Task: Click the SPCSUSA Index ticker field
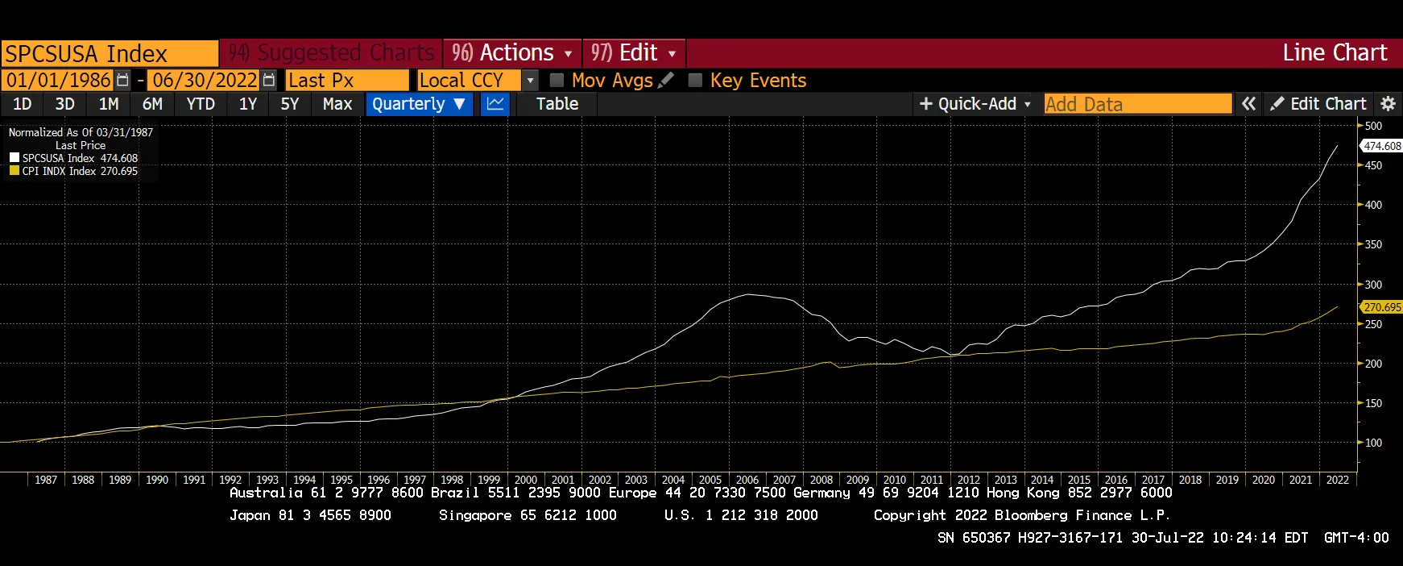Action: coord(110,53)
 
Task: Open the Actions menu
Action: coord(511,53)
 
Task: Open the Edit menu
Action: coord(633,53)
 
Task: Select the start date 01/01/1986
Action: coord(59,81)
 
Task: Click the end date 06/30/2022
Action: coord(205,81)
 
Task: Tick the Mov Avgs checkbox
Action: coord(557,81)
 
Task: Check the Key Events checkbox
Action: coord(695,81)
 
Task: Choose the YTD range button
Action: coord(201,104)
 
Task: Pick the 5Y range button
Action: coord(290,104)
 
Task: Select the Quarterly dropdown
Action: coord(419,104)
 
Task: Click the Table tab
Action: coord(557,104)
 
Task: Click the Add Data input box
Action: coord(1137,104)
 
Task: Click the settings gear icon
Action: coord(1388,104)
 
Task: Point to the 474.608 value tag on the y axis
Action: coord(1382,146)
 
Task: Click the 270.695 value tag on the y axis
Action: coord(1382,307)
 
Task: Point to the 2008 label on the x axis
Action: coord(822,480)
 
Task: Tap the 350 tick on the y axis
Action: coord(1373,244)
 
